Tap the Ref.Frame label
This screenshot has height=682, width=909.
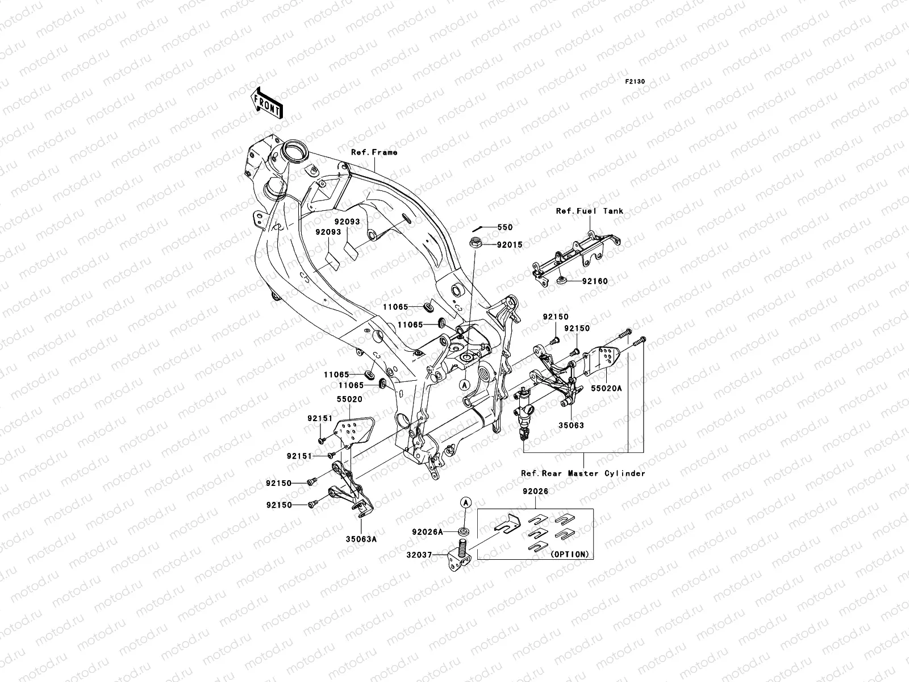point(374,152)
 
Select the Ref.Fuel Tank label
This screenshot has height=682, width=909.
point(589,211)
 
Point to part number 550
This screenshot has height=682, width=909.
point(504,227)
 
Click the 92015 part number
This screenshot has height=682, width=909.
point(509,245)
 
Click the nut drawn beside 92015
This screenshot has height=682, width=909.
point(476,244)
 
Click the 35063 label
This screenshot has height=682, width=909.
point(570,425)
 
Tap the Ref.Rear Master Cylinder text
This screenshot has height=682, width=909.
point(583,473)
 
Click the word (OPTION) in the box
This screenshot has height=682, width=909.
point(569,554)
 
